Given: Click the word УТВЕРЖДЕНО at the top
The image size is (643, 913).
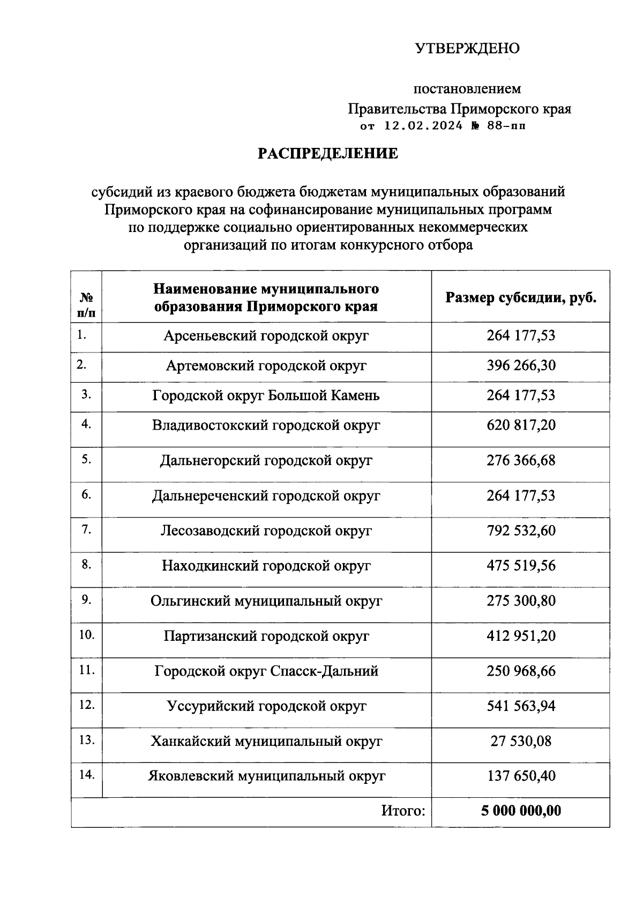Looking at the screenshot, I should (x=467, y=49).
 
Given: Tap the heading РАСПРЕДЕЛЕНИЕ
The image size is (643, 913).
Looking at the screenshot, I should (x=328, y=154).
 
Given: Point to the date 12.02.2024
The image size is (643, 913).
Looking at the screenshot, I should (x=423, y=126).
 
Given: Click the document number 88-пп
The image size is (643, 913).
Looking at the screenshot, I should (x=506, y=126).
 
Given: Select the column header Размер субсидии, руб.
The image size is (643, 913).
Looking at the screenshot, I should (x=521, y=298).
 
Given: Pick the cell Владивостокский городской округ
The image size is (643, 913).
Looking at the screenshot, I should (x=266, y=425).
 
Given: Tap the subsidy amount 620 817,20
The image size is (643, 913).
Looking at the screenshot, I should (x=521, y=425).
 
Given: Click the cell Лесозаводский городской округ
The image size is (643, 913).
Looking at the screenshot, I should (x=266, y=531).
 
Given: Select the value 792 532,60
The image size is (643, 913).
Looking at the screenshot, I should (x=521, y=531).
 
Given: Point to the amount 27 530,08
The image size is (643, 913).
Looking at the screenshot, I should (x=521, y=742).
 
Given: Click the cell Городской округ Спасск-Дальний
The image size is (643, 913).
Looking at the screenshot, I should (x=266, y=671).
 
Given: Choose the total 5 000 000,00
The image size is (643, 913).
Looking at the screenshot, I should (x=521, y=811).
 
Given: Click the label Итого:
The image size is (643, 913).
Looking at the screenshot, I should (x=403, y=811).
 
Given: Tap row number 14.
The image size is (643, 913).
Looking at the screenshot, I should (x=86, y=775).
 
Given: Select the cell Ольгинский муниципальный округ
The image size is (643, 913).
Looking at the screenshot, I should (x=266, y=601).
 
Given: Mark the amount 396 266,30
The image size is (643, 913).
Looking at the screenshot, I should (x=521, y=366).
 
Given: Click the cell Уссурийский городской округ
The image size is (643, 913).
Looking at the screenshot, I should (x=266, y=706).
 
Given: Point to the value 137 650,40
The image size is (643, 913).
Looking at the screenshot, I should (x=521, y=776).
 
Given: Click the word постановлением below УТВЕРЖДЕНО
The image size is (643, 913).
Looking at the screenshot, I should (x=467, y=88).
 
